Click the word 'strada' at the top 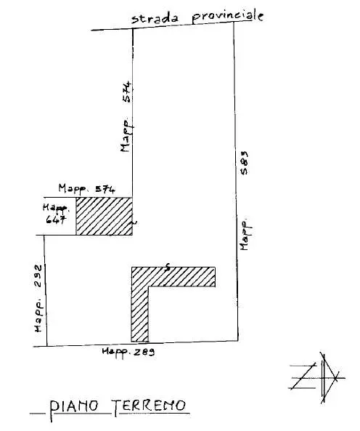point(155,19)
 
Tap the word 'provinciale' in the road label point(228,17)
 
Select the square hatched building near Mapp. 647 point(105,216)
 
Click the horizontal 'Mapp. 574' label point(86,189)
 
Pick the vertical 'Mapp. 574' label point(126,117)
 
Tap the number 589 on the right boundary point(244,163)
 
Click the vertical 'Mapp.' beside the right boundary point(245,235)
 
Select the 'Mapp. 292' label point(38,298)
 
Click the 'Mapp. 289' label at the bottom point(128,352)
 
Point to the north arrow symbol point(317,378)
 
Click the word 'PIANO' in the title point(73,406)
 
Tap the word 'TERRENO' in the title point(149,406)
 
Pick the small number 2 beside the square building point(134,222)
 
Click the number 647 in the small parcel point(56,219)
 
